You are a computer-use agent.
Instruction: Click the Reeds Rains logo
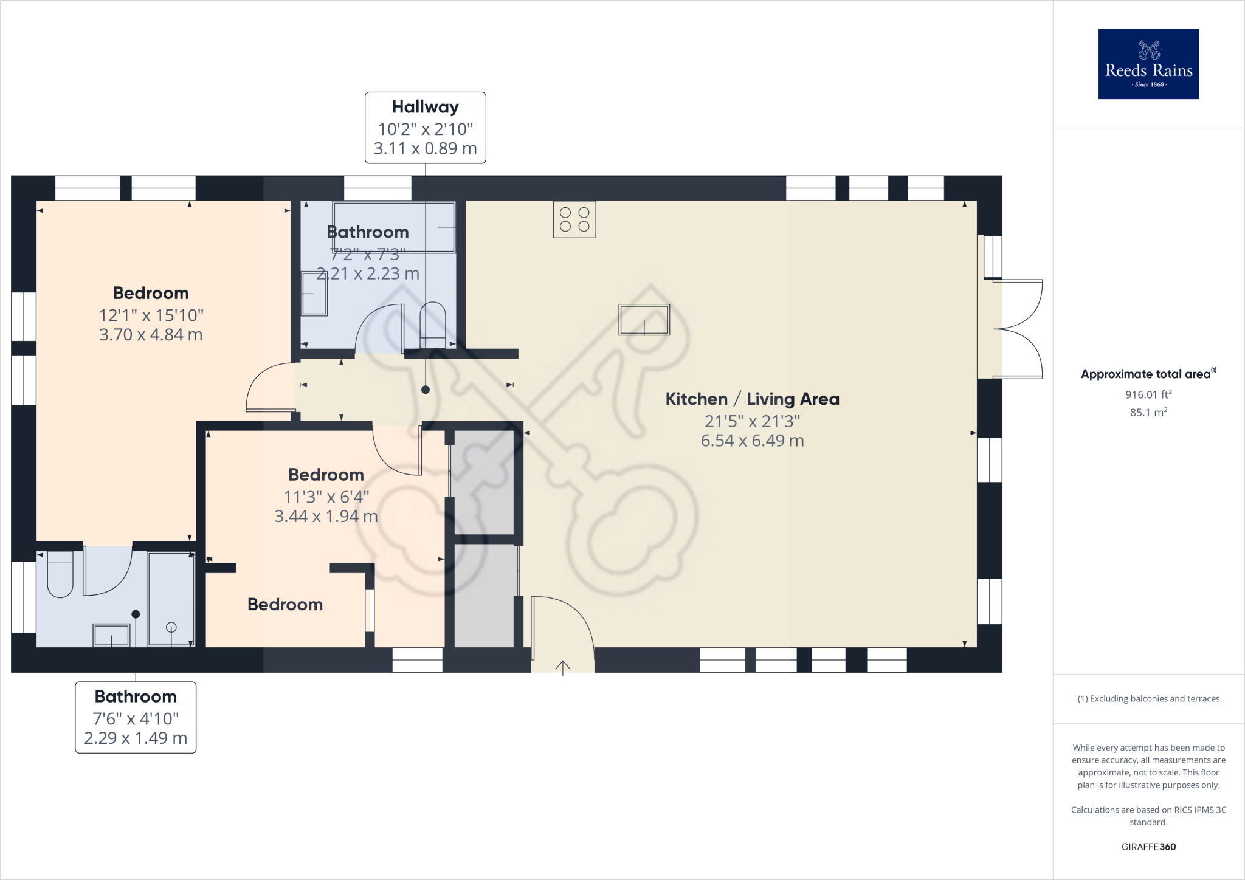(1148, 64)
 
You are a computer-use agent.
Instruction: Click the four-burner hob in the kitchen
(574, 219)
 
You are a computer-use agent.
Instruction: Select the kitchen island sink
(644, 320)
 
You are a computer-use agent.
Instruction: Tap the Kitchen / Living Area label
(752, 399)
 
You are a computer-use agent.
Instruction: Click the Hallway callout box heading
(425, 107)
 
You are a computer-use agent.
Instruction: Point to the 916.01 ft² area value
(1148, 394)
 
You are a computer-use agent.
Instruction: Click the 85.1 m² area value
(1148, 412)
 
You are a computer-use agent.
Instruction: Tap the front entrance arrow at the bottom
(563, 667)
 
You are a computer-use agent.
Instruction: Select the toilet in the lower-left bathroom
(60, 574)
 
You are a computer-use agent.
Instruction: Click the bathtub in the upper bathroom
(393, 227)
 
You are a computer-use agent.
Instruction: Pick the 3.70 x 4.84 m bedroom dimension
(151, 335)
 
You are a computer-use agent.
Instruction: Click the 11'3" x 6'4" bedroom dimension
(326, 497)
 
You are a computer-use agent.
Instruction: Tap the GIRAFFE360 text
(1148, 847)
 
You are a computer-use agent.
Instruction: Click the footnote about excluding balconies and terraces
(1148, 698)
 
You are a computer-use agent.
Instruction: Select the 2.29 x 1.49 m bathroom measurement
(136, 738)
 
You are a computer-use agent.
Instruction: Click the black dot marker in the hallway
(426, 390)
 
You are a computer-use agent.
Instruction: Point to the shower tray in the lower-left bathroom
(171, 599)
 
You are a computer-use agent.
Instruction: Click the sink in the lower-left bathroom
(111, 636)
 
